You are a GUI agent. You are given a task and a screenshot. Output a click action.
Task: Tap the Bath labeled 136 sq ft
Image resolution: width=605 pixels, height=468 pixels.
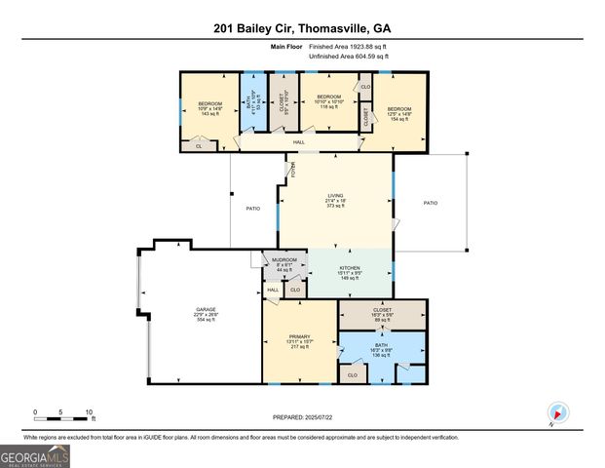tap(382, 350)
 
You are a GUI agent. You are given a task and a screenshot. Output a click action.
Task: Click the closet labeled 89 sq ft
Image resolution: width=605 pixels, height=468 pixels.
tap(382, 312)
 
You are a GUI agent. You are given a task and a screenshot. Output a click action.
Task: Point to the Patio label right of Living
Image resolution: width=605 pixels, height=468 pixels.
tap(430, 203)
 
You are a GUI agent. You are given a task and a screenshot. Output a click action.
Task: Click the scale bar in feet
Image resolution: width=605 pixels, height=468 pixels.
tap(62, 417)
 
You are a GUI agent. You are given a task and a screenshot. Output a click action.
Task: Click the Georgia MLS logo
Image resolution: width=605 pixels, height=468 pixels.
tap(35, 455)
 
